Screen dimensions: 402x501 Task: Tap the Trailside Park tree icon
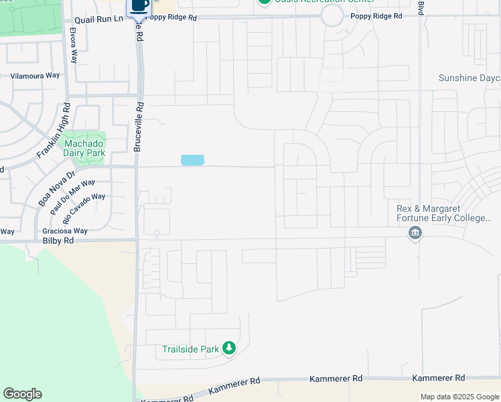click(x=229, y=348)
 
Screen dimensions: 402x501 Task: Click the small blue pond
click(x=192, y=160)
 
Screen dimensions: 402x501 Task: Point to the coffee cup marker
click(x=139, y=6)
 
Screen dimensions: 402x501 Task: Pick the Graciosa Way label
click(x=65, y=231)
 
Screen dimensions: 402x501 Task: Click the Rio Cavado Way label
click(x=84, y=208)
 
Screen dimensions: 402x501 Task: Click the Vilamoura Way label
click(x=35, y=76)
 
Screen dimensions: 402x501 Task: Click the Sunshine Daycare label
click(x=470, y=78)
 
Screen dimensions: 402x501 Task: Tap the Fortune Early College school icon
click(x=415, y=233)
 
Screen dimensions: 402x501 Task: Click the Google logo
click(x=22, y=394)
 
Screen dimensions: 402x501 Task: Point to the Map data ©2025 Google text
click(x=459, y=397)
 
